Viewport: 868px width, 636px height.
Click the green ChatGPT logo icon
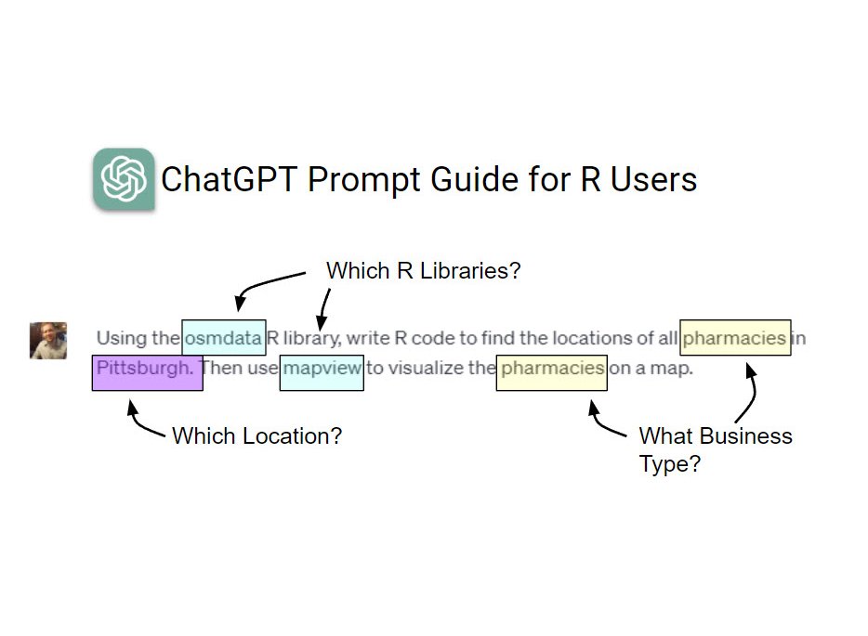click(x=124, y=178)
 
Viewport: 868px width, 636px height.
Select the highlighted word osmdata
click(x=224, y=338)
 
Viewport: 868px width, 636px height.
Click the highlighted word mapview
click(x=322, y=369)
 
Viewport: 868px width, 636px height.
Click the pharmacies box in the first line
click(x=735, y=338)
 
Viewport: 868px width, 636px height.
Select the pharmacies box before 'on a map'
click(x=552, y=369)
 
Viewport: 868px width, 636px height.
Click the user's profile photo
click(x=48, y=341)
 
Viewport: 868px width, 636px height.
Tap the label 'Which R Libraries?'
click(x=423, y=272)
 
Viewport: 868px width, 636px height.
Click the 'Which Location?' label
click(x=256, y=435)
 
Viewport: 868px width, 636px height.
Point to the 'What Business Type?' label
click(x=715, y=449)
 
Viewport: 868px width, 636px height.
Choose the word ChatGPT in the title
click(x=230, y=179)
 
